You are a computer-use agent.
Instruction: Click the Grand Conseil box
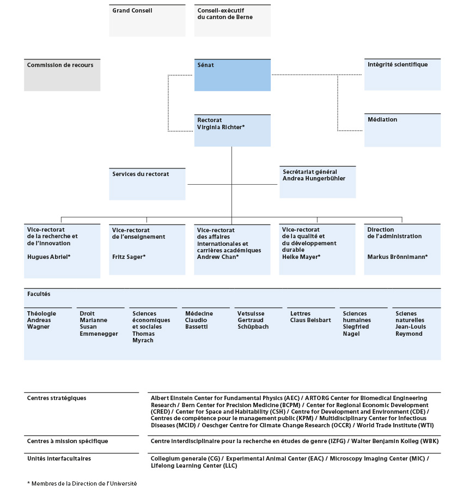click(x=147, y=21)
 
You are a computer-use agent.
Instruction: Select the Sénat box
click(x=232, y=75)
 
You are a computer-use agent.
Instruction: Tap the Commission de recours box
click(x=62, y=75)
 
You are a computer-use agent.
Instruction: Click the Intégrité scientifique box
click(x=403, y=74)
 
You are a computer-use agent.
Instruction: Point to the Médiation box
click(x=403, y=130)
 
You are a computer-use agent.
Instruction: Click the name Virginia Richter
click(x=219, y=127)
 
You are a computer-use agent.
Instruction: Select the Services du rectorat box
click(x=147, y=184)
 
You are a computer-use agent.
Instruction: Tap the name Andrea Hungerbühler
click(x=314, y=178)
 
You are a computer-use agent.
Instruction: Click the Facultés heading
click(x=39, y=294)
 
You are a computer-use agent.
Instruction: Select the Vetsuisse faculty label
click(x=251, y=313)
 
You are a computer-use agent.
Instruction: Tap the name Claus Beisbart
click(x=310, y=320)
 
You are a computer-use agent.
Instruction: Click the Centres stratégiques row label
click(x=57, y=398)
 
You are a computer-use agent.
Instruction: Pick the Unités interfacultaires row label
click(x=59, y=459)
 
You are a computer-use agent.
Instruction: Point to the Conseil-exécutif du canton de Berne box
click(x=232, y=21)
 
